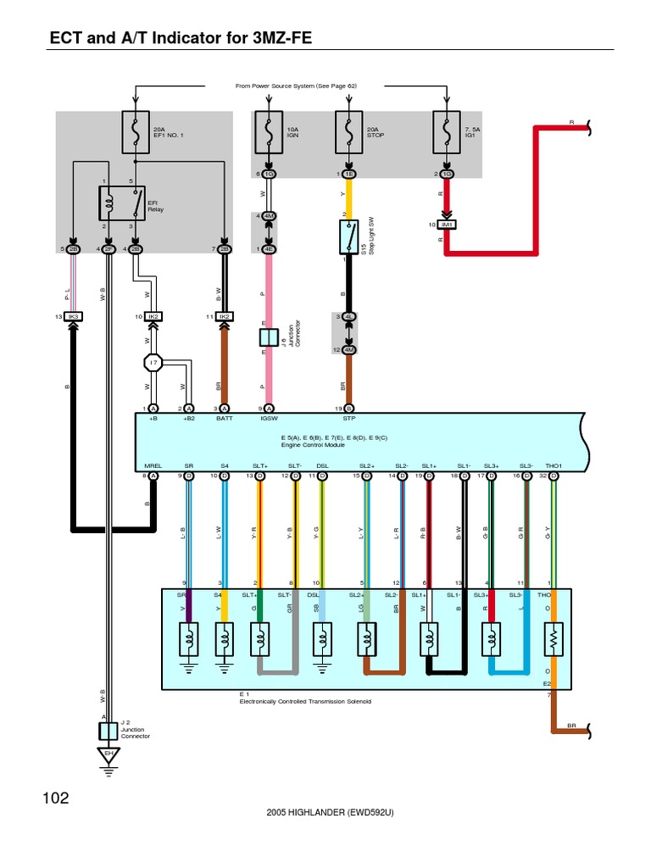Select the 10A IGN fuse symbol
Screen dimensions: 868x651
coord(269,132)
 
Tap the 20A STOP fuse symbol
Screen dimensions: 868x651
coord(348,132)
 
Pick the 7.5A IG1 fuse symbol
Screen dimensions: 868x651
coord(446,132)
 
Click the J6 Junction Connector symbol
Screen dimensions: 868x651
coord(269,337)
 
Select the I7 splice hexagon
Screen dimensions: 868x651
coord(153,363)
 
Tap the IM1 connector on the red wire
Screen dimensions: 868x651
coord(446,225)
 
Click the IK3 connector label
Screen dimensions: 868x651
coord(73,316)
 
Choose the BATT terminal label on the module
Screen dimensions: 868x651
coord(225,418)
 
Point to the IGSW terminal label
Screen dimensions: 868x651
coord(269,418)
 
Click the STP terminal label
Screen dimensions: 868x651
coord(348,418)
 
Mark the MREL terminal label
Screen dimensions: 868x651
coord(153,466)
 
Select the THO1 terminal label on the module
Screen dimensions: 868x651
coord(554,466)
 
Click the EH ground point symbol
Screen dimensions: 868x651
coord(108,753)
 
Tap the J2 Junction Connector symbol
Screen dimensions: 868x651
coord(108,728)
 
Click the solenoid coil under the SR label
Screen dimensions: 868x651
coord(188,637)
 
